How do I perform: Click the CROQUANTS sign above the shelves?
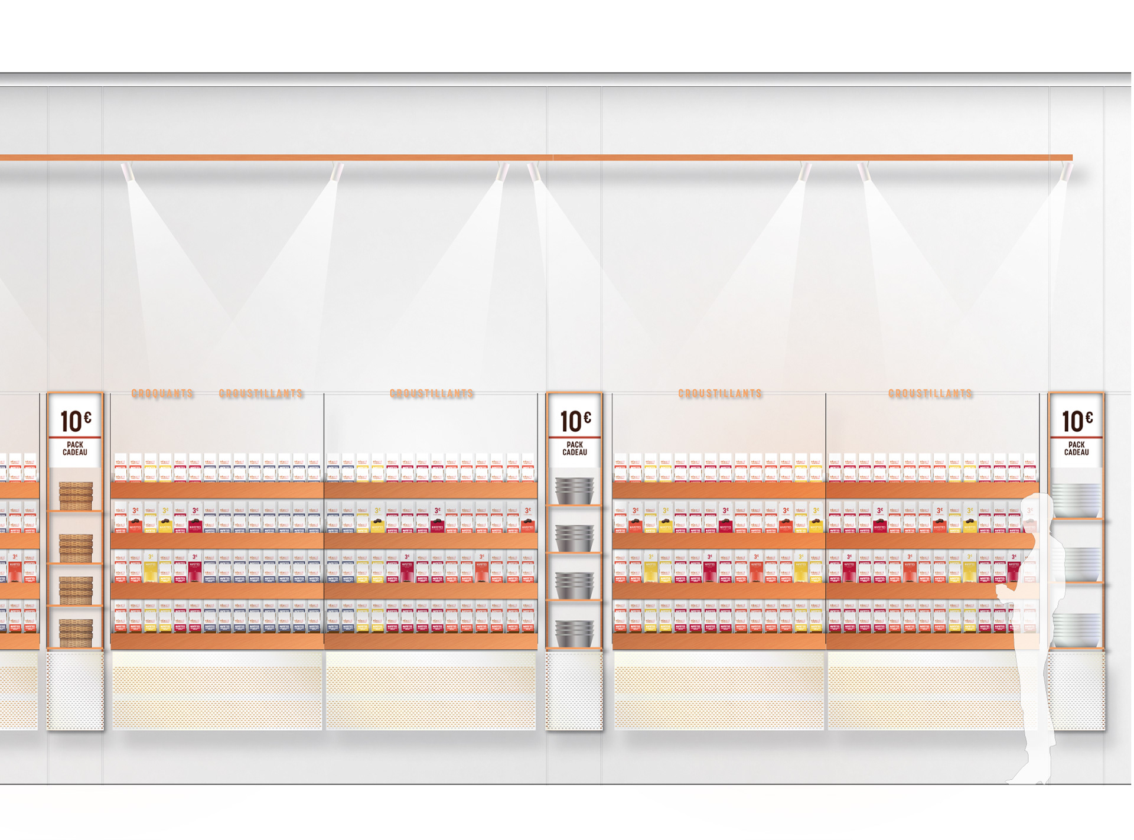point(162,393)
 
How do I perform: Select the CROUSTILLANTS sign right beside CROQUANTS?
point(261,393)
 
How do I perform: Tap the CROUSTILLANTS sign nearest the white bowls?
point(930,393)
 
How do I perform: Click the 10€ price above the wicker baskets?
point(76,421)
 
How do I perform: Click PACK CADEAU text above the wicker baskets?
point(75,449)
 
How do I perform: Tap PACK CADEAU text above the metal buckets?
point(575,449)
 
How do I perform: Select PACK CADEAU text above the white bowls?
point(1076,449)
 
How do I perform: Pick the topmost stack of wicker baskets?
point(76,495)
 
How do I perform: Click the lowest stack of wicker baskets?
point(76,633)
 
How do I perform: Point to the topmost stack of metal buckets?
point(575,490)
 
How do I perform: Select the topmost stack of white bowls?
point(1076,500)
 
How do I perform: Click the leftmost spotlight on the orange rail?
point(128,172)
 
